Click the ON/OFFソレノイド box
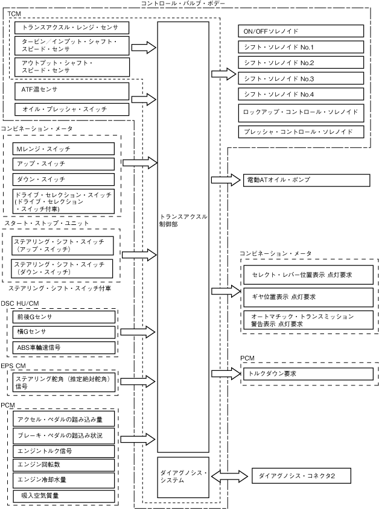point(301,31)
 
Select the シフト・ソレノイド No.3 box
point(301,78)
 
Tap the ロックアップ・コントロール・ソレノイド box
point(301,112)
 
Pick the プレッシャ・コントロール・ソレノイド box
point(301,131)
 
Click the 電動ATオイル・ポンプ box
point(307,180)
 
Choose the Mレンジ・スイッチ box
point(63,148)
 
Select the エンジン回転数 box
point(63,465)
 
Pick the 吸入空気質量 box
point(63,495)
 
